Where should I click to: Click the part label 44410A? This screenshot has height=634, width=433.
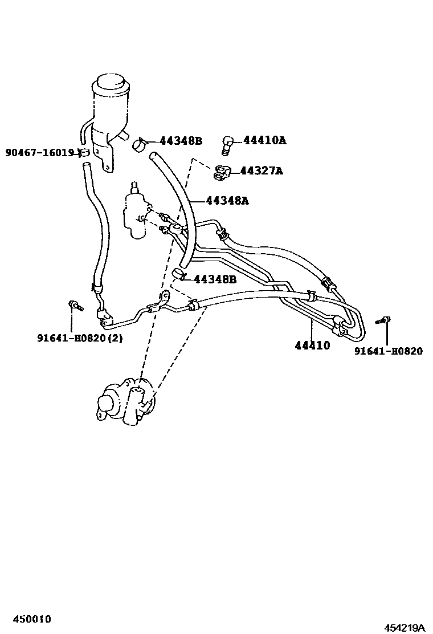[x=264, y=140]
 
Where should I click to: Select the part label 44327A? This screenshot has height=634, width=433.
[x=261, y=170]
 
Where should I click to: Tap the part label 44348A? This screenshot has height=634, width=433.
[x=227, y=201]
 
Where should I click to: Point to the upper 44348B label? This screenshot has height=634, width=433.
[x=181, y=141]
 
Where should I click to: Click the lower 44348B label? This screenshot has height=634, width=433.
[x=215, y=279]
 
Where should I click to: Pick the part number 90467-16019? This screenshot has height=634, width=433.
[x=40, y=153]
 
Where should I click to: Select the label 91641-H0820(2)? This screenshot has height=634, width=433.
[x=80, y=338]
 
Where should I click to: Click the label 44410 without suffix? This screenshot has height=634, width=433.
[x=312, y=346]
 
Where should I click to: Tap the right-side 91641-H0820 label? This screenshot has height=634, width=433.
[x=388, y=351]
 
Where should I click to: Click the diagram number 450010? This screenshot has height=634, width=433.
[x=27, y=619]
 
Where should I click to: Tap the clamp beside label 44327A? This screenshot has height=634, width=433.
[x=223, y=172]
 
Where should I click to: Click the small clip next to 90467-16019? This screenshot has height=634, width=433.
[x=84, y=152]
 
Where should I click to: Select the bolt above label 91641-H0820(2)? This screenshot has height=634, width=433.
[x=74, y=306]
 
